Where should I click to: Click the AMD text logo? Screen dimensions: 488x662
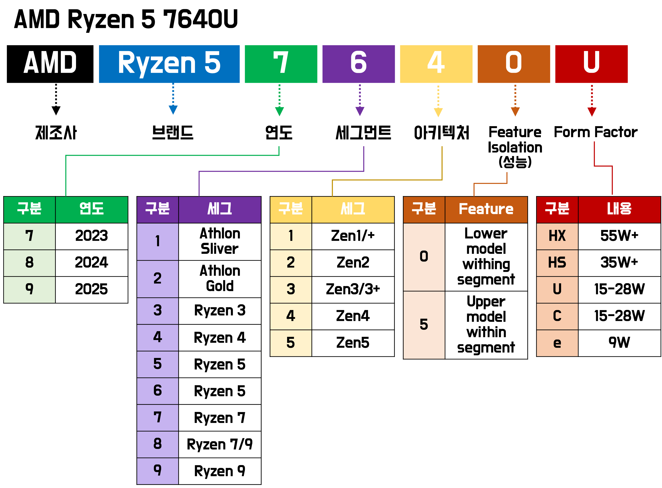pyautogui.click(x=50, y=62)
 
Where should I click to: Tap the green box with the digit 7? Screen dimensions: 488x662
pyautogui.click(x=281, y=64)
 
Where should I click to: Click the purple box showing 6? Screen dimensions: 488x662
pyautogui.click(x=359, y=64)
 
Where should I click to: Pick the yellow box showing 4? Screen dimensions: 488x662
pyautogui.click(x=436, y=64)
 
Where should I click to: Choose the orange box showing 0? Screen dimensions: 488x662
pyautogui.click(x=514, y=64)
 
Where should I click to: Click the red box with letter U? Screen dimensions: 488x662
pyautogui.click(x=591, y=64)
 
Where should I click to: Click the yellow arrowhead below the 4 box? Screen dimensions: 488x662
pyautogui.click(x=438, y=112)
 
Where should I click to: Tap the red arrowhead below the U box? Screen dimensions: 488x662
pyautogui.click(x=592, y=112)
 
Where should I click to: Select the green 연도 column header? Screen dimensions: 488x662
pyautogui.click(x=92, y=209)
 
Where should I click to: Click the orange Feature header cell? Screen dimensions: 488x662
pyautogui.click(x=486, y=209)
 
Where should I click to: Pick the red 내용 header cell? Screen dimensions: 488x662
pyautogui.click(x=619, y=209)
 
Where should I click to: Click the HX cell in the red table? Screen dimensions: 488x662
pyautogui.click(x=557, y=236)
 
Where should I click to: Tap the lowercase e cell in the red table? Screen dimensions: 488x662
pyautogui.click(x=557, y=343)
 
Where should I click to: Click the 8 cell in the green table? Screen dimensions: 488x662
pyautogui.click(x=29, y=263)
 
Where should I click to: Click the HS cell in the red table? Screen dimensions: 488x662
pyautogui.click(x=557, y=263)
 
